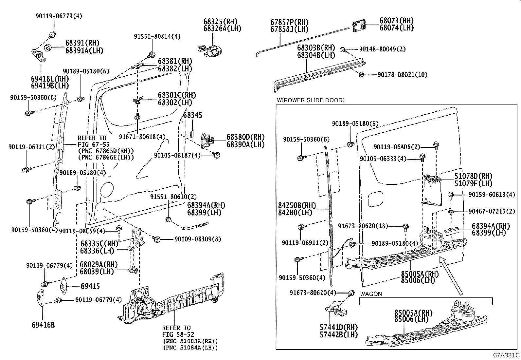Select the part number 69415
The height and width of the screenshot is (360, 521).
click(90, 286)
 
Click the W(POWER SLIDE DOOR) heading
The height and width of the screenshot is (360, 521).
click(310, 100)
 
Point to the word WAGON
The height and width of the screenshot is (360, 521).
click(371, 294)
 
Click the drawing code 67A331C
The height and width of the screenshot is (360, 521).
click(507, 355)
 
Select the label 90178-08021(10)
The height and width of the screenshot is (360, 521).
click(402, 75)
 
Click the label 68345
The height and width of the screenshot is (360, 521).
click(192, 115)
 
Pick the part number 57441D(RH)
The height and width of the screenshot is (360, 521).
click(339, 327)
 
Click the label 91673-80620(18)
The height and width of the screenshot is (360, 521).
click(363, 226)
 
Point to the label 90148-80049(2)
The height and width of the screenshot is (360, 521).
click(382, 49)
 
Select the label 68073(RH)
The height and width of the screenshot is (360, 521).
click(396, 21)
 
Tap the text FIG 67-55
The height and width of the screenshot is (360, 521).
click(94, 144)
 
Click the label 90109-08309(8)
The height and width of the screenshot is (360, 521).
click(197, 239)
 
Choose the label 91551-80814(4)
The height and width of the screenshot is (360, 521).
click(157, 36)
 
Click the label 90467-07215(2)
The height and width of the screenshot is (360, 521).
click(492, 212)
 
